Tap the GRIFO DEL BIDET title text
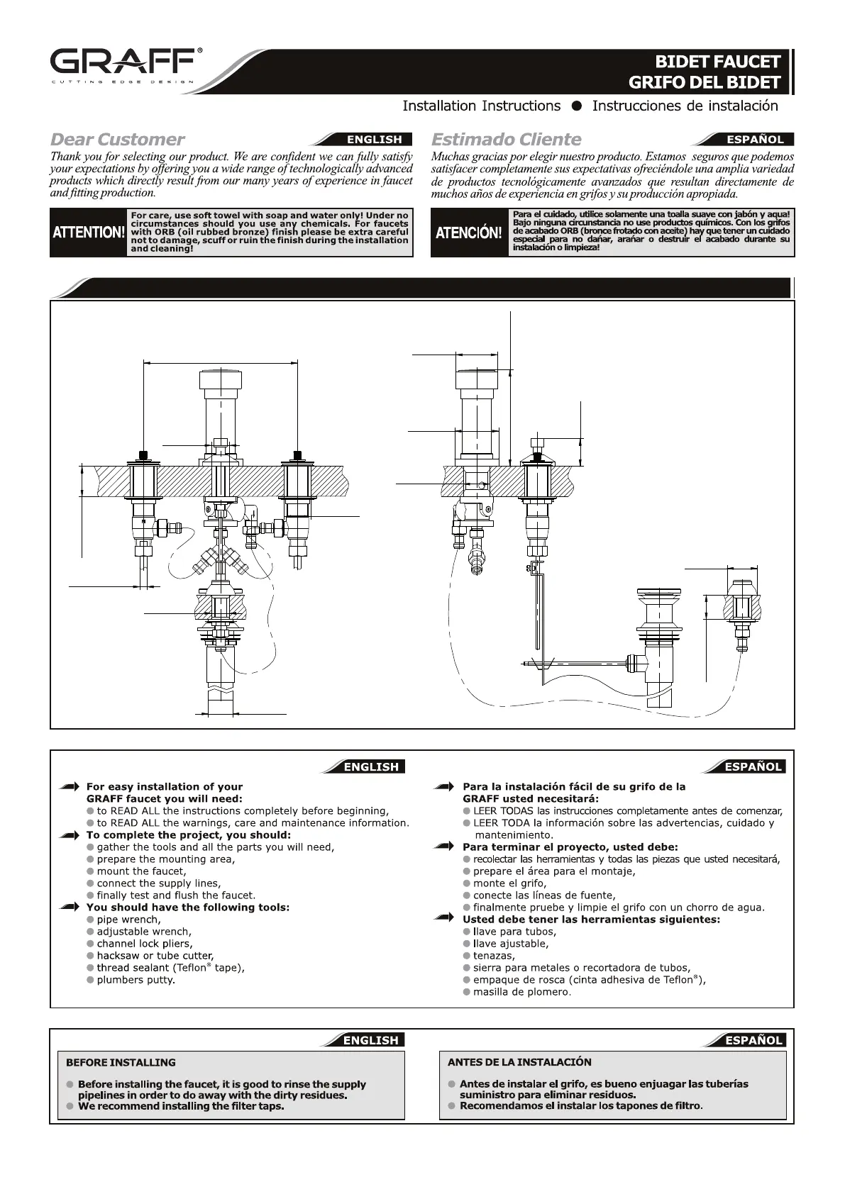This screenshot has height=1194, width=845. click(704, 82)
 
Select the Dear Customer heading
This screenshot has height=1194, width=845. click(117, 139)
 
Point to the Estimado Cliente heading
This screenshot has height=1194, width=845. click(506, 139)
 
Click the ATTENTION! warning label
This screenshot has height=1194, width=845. click(89, 232)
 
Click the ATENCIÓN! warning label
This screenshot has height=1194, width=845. click(468, 233)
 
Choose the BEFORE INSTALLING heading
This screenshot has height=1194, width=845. click(121, 1062)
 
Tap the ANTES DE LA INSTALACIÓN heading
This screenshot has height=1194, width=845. click(519, 1061)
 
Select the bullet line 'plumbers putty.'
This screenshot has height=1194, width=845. click(136, 980)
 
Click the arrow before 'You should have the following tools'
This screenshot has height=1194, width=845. click(70, 908)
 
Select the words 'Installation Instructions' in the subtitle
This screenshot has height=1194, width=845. click(481, 106)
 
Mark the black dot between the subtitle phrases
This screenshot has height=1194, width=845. click(577, 106)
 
